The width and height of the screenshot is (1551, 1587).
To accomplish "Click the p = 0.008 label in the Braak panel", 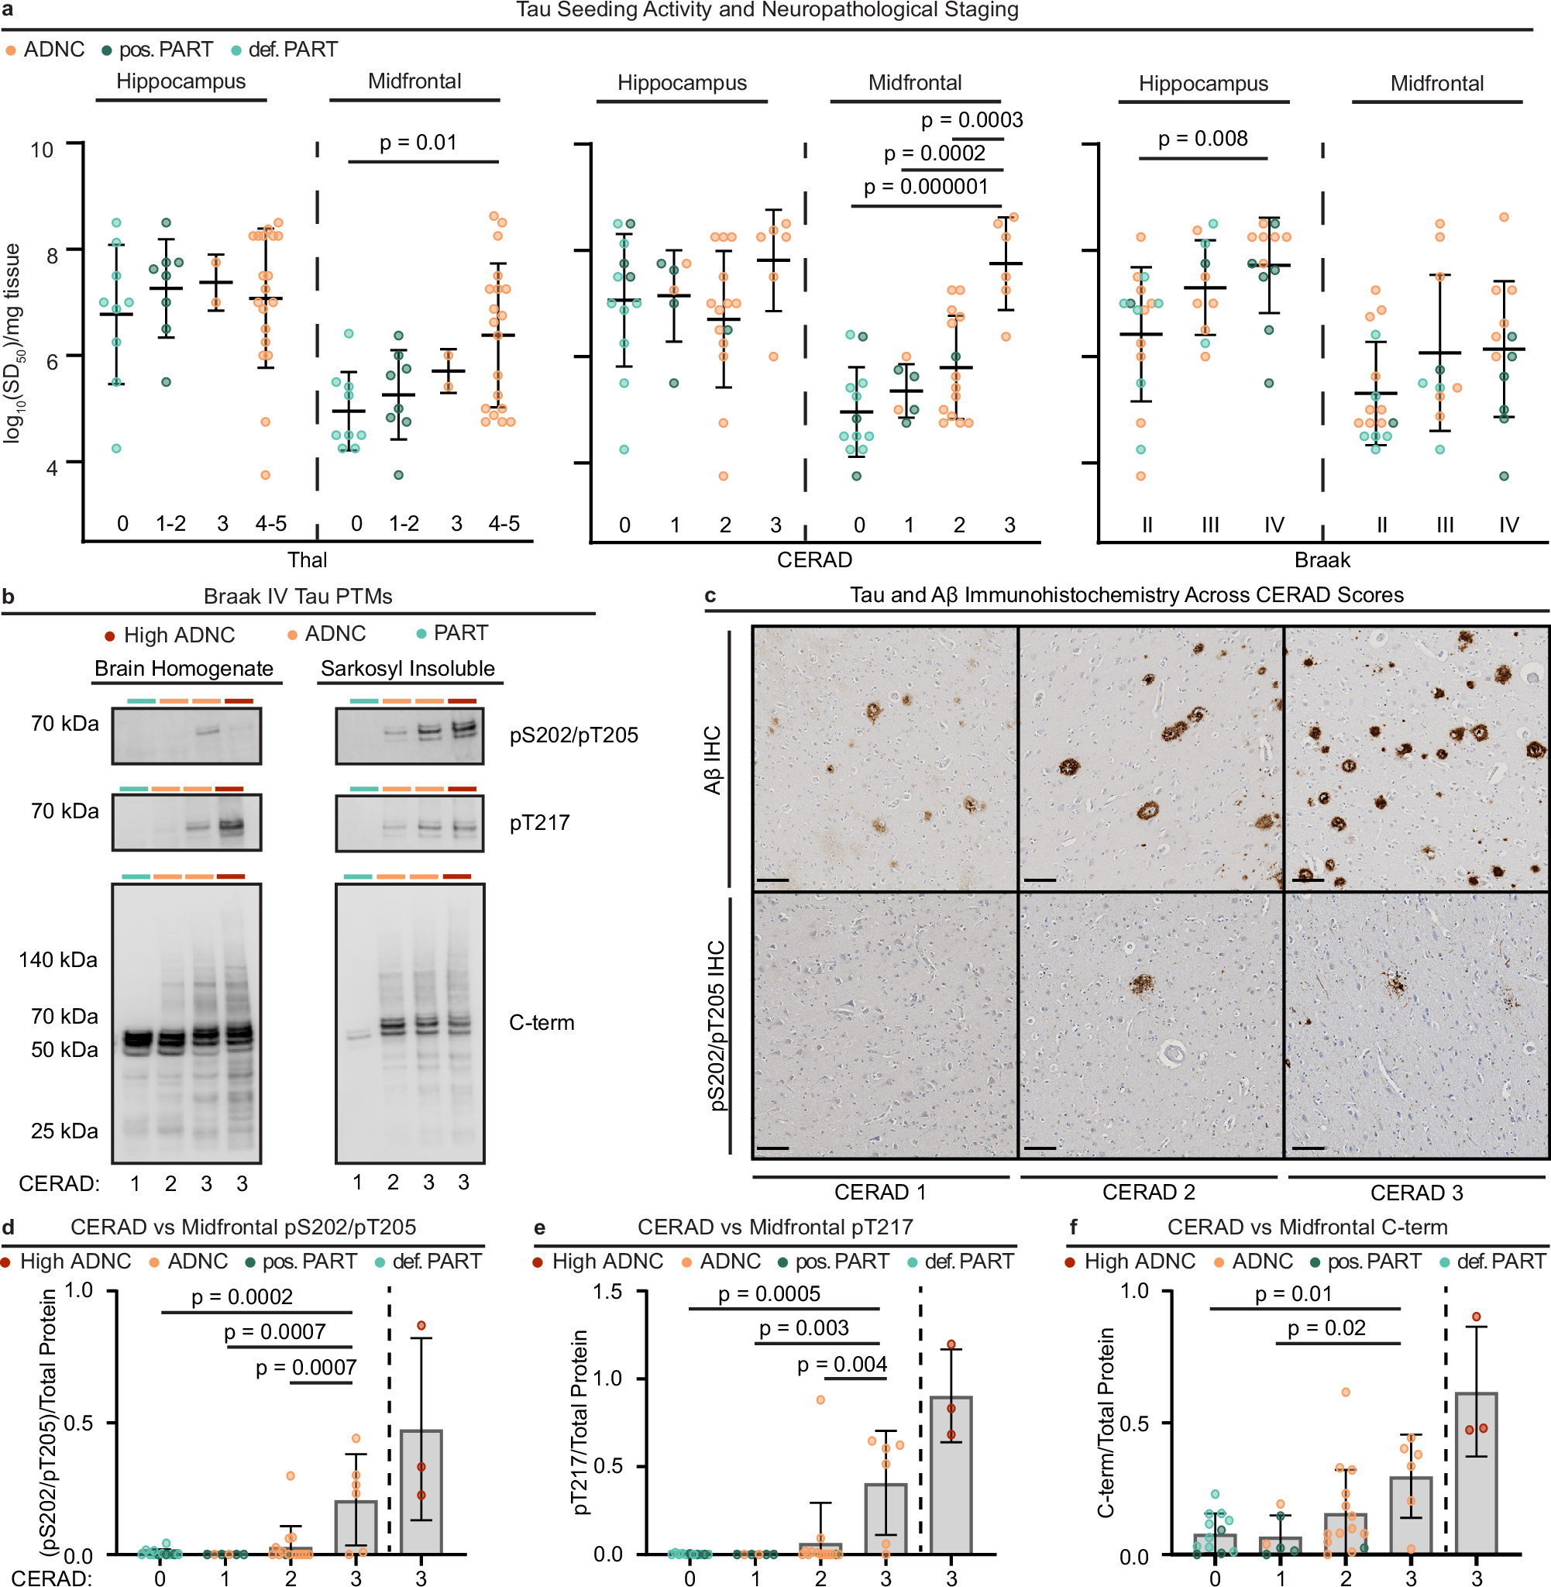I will tap(1202, 139).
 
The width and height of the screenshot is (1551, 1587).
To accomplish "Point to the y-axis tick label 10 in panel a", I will tap(42, 150).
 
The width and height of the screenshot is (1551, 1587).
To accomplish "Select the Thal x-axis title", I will tap(307, 559).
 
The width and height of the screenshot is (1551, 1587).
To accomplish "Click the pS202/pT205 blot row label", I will tap(573, 735).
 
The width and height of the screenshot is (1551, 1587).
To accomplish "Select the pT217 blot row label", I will tap(539, 823).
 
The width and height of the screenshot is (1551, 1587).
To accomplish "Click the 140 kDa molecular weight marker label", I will tap(58, 959).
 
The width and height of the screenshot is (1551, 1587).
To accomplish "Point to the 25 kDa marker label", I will tap(64, 1131).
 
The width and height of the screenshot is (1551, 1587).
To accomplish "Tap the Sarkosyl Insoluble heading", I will tap(408, 669).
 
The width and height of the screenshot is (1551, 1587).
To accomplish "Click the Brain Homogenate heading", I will tap(184, 669).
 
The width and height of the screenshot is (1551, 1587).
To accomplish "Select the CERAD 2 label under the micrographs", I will tap(1148, 1192).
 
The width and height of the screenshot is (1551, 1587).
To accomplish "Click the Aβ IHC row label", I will tap(713, 759).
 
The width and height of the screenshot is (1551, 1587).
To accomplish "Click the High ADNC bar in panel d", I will tap(421, 1491).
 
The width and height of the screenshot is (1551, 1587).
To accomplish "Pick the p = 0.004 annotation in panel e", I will tap(841, 1365).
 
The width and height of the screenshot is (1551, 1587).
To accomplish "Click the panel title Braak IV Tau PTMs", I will tap(297, 597).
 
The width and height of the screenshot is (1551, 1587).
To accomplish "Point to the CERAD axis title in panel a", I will tap(813, 559).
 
